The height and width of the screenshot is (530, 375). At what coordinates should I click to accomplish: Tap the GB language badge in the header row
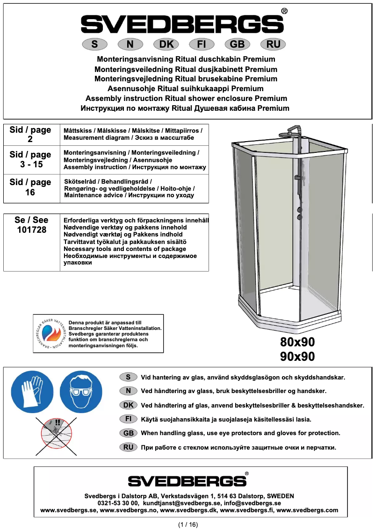tap(238, 44)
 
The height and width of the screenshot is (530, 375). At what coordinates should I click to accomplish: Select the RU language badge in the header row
tap(273, 44)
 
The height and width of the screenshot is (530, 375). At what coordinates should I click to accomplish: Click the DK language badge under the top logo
tap(166, 44)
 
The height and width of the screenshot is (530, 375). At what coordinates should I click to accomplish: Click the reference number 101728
tap(31, 230)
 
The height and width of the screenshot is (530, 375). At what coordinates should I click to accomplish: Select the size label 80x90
tap(297, 341)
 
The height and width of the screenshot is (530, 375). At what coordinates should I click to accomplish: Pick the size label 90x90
tap(297, 357)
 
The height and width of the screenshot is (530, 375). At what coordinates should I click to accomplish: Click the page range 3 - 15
tap(30, 165)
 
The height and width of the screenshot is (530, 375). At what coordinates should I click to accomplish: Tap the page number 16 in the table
tap(30, 192)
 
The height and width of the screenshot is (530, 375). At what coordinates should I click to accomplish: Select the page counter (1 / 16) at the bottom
tap(188, 524)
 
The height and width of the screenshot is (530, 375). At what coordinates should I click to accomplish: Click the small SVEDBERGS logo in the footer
tap(187, 481)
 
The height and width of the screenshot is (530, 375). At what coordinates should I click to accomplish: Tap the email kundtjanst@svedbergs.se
tap(182, 503)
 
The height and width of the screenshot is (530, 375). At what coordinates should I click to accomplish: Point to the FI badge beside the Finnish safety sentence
tap(128, 419)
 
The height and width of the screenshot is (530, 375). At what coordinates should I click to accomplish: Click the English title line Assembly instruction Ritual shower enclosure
tap(186, 98)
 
